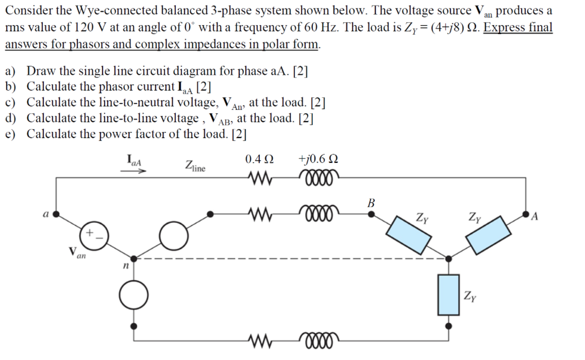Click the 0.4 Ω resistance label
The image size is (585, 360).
coord(260,159)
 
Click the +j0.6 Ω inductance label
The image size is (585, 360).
coord(318,159)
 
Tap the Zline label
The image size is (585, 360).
coord(194,166)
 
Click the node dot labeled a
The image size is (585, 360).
coord(55,213)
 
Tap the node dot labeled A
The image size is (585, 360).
coord(526,213)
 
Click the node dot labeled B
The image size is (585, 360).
coord(370,213)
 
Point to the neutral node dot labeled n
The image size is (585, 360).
coord(133,258)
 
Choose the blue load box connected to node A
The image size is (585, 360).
coord(487,233)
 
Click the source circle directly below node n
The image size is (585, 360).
coord(133,295)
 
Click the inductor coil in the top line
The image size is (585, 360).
coord(318,178)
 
